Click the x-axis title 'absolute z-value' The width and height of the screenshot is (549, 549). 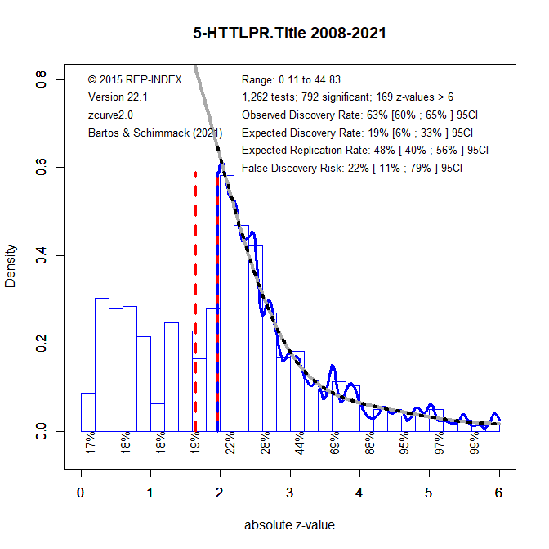[x=289, y=524]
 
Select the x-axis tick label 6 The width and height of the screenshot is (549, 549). [x=498, y=493]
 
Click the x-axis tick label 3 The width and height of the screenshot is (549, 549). [x=289, y=493]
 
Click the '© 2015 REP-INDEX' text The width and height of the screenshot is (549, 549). [x=133, y=79]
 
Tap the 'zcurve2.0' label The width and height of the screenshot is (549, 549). [x=110, y=115]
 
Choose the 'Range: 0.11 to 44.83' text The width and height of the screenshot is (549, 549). [x=291, y=79]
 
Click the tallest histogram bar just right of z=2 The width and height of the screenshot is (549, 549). [x=225, y=303]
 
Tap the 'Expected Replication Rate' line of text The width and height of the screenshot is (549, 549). [x=364, y=150]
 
